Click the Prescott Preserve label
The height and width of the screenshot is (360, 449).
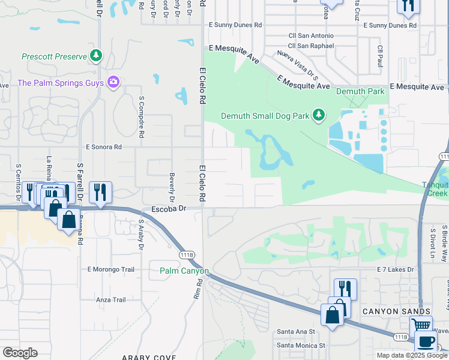pyautogui.click(x=55, y=57)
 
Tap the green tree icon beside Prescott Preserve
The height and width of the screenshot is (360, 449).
pyautogui.click(x=96, y=56)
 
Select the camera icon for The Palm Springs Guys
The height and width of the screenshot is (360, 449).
pyautogui.click(x=113, y=82)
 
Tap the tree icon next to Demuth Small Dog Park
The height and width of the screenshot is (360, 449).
pyautogui.click(x=319, y=115)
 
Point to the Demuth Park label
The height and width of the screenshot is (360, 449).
pyautogui.click(x=360, y=92)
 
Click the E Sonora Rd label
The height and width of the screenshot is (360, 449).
pyautogui.click(x=104, y=146)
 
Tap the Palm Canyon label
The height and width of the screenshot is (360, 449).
pyautogui.click(x=184, y=271)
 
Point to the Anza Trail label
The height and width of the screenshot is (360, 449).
pyautogui.click(x=110, y=299)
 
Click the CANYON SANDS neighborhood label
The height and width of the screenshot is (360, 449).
pyautogui.click(x=396, y=311)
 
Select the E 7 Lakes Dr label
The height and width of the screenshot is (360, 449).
pyautogui.click(x=396, y=270)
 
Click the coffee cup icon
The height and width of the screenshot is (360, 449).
pyautogui.click(x=426, y=342)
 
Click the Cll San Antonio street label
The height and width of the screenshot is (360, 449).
pyautogui.click(x=310, y=35)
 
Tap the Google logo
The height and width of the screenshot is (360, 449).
pyautogui.click(x=20, y=353)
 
